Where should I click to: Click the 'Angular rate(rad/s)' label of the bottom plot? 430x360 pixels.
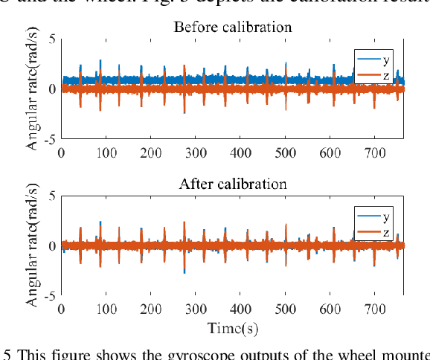[33, 246]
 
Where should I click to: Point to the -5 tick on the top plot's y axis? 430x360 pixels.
[49, 139]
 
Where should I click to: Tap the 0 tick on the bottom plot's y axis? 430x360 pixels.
[52, 246]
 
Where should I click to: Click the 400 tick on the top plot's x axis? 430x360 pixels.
[240, 152]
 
